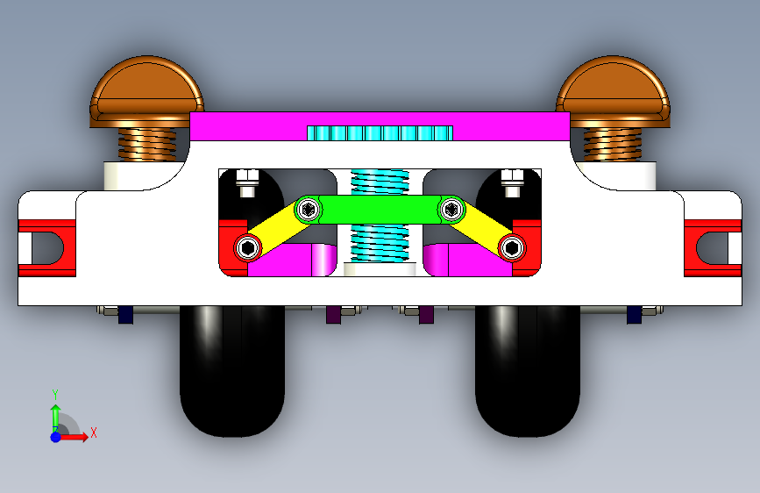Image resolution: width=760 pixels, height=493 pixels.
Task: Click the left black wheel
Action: tap(234, 373)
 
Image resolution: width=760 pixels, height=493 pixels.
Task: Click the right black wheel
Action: tap(527, 373)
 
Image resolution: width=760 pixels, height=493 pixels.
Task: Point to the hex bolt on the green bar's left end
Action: tap(308, 209)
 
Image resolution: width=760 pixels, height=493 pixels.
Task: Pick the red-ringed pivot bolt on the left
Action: tap(248, 248)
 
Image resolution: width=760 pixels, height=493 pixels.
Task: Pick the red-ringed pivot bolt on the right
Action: tap(511, 248)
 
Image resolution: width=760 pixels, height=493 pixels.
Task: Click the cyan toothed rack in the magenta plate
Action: tap(380, 133)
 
